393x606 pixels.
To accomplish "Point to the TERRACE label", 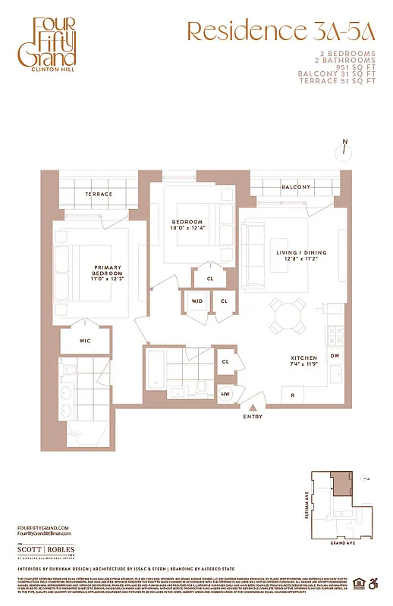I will (x=99, y=195).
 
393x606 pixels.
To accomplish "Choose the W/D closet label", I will (x=197, y=301).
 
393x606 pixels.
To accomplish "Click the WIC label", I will (x=86, y=341).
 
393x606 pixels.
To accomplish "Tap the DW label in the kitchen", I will (x=335, y=355).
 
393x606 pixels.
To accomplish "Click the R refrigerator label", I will (x=293, y=395).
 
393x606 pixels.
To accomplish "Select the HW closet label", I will (x=225, y=394).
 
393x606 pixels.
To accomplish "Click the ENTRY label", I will (x=253, y=417).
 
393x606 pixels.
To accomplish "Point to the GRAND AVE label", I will (x=340, y=544).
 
